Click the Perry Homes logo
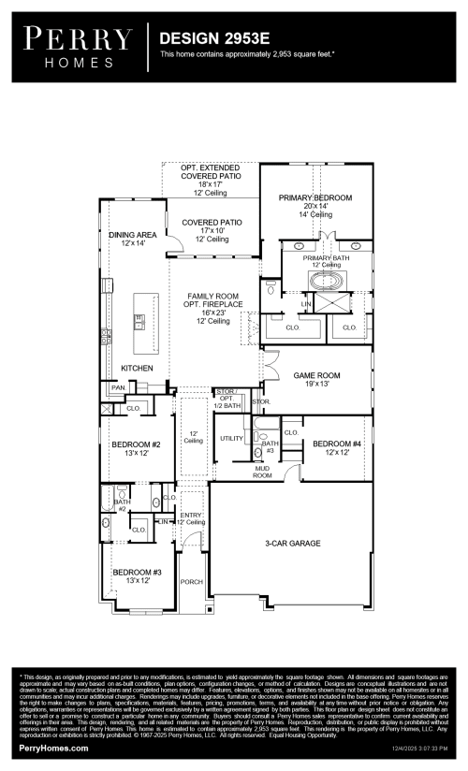78,46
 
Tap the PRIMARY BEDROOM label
315,198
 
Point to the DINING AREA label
132,235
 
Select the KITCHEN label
137,369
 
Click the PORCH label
192,581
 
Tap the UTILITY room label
231,438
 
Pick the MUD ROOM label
262,473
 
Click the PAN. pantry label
118,387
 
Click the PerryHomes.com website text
54,749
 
